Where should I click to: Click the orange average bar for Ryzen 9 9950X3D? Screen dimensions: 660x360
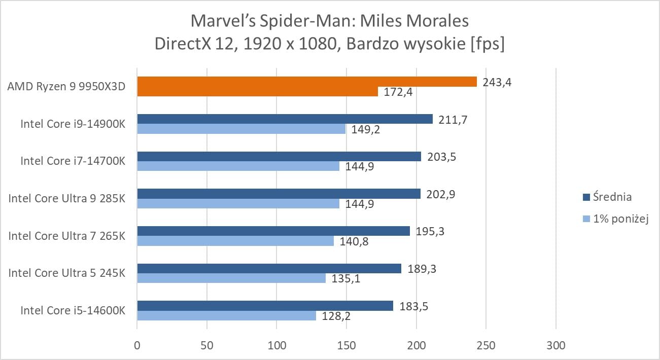click(x=307, y=82)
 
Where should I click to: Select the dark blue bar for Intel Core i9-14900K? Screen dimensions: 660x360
click(x=285, y=119)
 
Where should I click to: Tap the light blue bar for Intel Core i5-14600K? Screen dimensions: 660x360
click(x=227, y=315)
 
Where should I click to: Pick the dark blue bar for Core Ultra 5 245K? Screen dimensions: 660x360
click(x=269, y=268)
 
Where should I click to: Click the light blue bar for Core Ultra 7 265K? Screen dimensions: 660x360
click(x=235, y=241)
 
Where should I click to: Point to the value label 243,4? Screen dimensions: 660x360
click(x=497, y=83)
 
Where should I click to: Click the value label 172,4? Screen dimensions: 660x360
click(x=398, y=92)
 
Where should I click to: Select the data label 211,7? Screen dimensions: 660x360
click(x=453, y=120)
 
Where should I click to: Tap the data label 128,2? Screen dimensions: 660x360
click(x=336, y=316)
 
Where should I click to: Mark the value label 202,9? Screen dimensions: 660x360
click(x=441, y=194)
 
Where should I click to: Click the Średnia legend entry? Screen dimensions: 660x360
click(x=607, y=197)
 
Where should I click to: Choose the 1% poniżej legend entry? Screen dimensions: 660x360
click(x=616, y=219)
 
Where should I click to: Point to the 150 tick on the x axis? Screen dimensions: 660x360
click(x=346, y=345)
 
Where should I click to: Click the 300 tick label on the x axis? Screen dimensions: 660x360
click(x=556, y=345)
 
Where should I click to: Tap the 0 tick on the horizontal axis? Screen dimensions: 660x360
click(x=137, y=345)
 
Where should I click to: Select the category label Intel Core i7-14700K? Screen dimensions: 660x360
click(x=73, y=161)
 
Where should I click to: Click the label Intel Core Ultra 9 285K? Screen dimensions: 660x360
click(x=67, y=198)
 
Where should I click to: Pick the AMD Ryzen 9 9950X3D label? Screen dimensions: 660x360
click(x=66, y=86)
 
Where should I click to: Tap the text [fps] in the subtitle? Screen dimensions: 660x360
click(x=488, y=44)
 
